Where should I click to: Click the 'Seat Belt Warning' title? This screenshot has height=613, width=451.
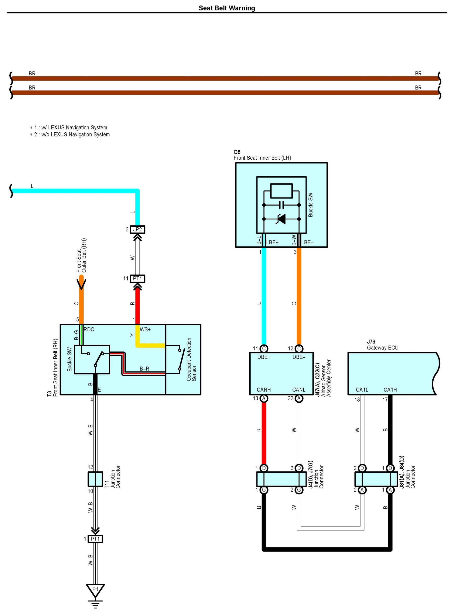(x=227, y=8)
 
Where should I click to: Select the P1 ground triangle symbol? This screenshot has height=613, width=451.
(x=95, y=591)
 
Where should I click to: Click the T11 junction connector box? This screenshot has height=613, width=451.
(x=95, y=479)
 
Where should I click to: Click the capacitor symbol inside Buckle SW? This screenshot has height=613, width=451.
(x=281, y=205)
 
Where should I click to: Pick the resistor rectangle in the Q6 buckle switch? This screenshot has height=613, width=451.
(x=281, y=191)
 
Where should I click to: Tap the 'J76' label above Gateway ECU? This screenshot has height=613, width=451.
(x=371, y=342)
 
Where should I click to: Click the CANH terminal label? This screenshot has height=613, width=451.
(x=264, y=390)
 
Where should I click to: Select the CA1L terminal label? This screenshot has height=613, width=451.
(x=362, y=390)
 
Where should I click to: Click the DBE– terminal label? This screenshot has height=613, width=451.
(x=299, y=357)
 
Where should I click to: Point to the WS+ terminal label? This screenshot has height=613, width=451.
(x=145, y=329)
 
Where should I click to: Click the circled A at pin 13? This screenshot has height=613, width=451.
(x=264, y=398)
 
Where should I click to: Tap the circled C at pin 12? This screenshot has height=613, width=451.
(x=299, y=349)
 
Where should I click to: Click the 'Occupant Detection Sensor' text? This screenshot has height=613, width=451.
(x=191, y=360)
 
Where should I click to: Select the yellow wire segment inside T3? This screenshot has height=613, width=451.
(x=150, y=339)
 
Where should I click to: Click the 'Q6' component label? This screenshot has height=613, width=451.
(x=237, y=152)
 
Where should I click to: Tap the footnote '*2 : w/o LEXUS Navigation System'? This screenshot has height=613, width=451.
(x=70, y=134)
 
